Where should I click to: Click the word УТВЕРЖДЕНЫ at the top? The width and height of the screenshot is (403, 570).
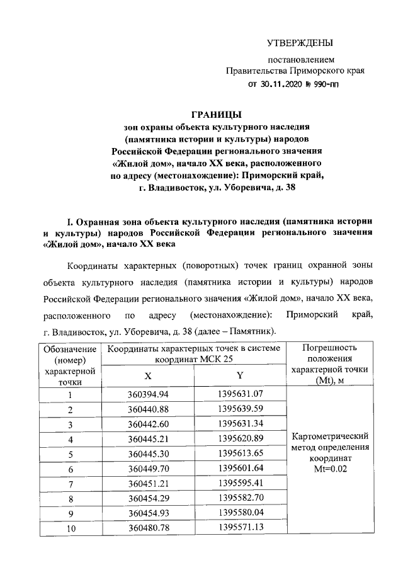(x=299, y=43)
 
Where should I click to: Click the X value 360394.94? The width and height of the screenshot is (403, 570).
(x=148, y=395)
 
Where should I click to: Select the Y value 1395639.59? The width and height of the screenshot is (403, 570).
(x=240, y=409)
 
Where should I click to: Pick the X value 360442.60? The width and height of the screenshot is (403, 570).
(x=148, y=425)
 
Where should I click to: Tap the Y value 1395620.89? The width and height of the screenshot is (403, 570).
(x=240, y=439)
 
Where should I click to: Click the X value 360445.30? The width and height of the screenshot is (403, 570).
(x=148, y=454)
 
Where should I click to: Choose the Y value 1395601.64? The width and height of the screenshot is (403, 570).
(x=240, y=469)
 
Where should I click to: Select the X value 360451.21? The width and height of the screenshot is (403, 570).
(x=148, y=484)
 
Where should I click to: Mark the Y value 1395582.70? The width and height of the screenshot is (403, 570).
(x=240, y=499)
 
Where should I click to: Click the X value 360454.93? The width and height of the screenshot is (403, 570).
(x=148, y=513)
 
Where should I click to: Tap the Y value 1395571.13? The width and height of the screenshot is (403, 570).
(x=240, y=528)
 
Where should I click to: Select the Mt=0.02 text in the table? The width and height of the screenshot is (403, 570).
(x=331, y=469)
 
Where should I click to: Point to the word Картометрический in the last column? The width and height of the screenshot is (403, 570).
(x=331, y=436)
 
